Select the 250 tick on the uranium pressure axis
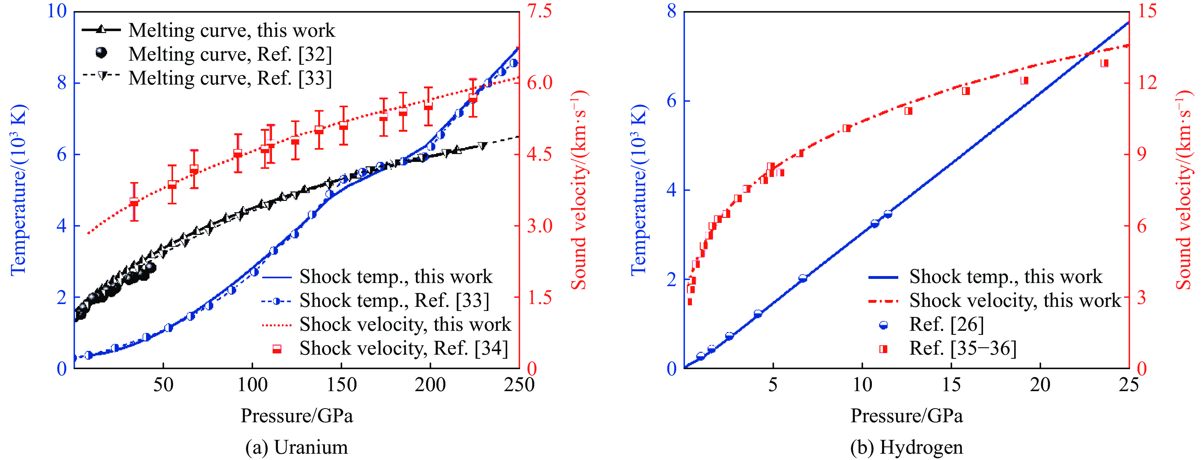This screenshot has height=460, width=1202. click(x=519, y=385)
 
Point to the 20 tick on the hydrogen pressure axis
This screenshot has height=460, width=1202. click(x=1040, y=385)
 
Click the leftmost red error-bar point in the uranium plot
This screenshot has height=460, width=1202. click(x=134, y=202)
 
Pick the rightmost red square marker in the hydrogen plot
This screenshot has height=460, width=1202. click(x=1105, y=63)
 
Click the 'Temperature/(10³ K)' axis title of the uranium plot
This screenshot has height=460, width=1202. click(x=19, y=189)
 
